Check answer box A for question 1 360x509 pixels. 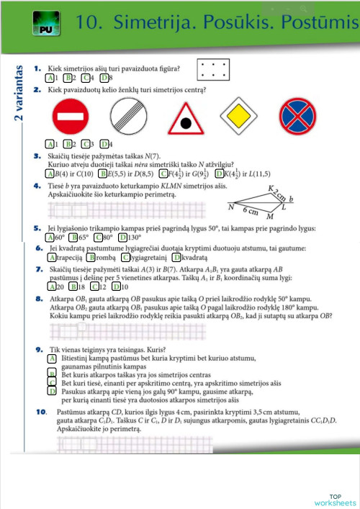pyautogui.click(x=49, y=78)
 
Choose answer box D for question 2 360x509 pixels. pyautogui.click(x=104, y=143)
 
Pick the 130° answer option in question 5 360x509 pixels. pyautogui.click(x=132, y=238)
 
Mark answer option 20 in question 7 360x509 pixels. pyautogui.click(x=54, y=286)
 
